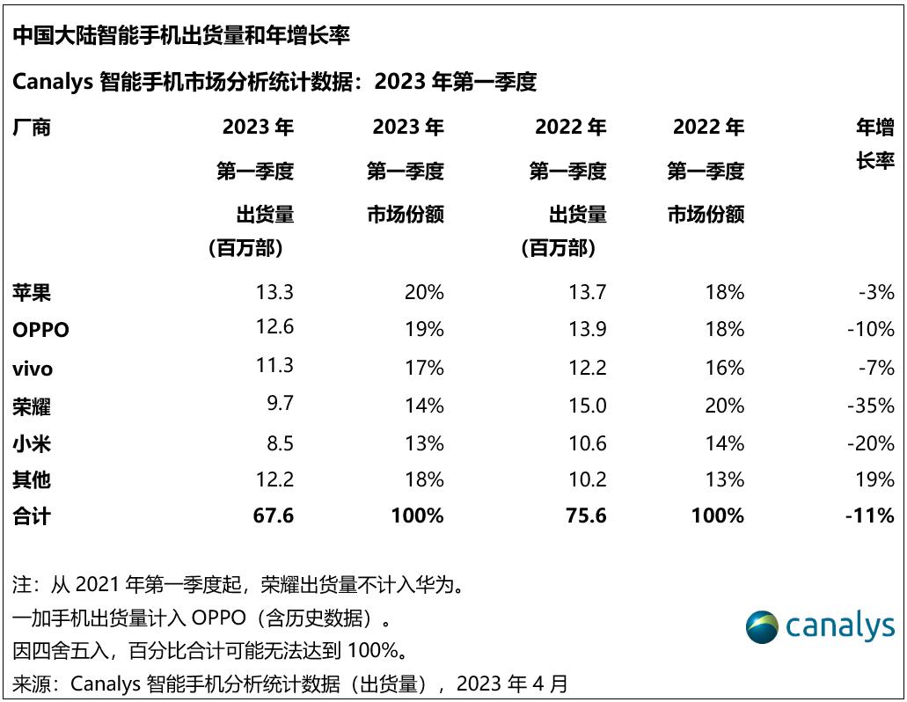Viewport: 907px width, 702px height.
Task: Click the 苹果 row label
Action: (x=32, y=292)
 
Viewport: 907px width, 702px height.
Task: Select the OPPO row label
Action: (x=40, y=330)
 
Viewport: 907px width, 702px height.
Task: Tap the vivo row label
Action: (x=33, y=368)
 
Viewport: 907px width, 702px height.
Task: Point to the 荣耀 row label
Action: (x=32, y=406)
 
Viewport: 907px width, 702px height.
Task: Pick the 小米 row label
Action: (x=32, y=443)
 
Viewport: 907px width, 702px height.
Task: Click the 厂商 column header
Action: (x=32, y=128)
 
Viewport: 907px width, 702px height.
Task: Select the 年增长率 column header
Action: (x=875, y=144)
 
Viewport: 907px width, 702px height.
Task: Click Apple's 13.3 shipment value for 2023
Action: (x=274, y=292)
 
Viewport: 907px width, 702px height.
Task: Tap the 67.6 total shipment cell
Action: (x=273, y=516)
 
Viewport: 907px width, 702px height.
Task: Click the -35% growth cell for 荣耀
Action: (x=870, y=406)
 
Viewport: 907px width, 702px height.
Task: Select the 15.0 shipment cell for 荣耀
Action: (x=587, y=406)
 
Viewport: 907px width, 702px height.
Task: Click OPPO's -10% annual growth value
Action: (x=870, y=330)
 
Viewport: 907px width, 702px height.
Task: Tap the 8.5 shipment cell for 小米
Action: (x=280, y=443)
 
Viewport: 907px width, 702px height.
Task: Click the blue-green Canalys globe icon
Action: (x=762, y=626)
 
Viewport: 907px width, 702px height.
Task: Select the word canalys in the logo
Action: (x=839, y=626)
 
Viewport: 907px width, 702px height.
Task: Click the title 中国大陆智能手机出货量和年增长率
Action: (x=181, y=35)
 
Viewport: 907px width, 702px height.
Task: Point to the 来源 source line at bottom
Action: (x=290, y=683)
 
